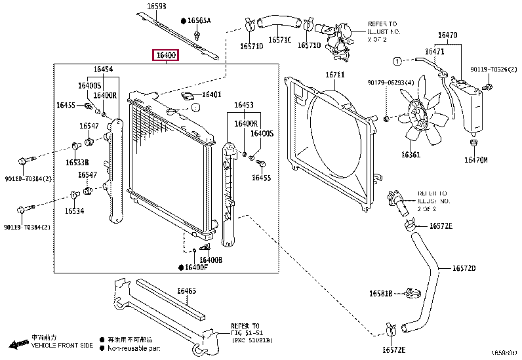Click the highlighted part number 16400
pos(165,55)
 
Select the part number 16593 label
pos(147,7)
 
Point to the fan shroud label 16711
pos(334,75)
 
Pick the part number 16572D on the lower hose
pos(463,268)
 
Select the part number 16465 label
pos(186,290)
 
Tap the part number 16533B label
pos(77,162)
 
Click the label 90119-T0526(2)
pos(491,70)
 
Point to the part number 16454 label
pos(102,69)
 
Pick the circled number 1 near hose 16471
pos(396,61)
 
